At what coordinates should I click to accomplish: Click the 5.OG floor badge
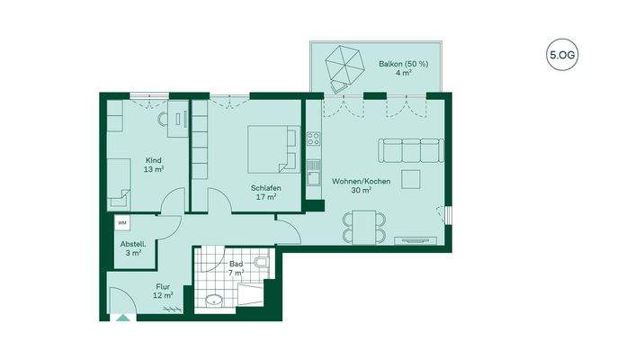point(562,56)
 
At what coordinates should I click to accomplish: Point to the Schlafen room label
point(264,191)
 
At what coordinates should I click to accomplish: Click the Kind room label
point(154,164)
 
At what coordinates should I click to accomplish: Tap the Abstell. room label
point(134,247)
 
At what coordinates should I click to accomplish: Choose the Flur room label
point(163,291)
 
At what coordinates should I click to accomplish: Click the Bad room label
point(236,266)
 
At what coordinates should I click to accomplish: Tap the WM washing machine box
point(121,221)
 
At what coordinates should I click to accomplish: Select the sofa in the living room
point(410,148)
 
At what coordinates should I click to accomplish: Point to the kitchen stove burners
point(314,139)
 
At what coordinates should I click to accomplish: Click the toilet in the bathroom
point(261,265)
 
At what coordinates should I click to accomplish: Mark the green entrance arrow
point(122,317)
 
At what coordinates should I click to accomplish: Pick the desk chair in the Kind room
point(163,118)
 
